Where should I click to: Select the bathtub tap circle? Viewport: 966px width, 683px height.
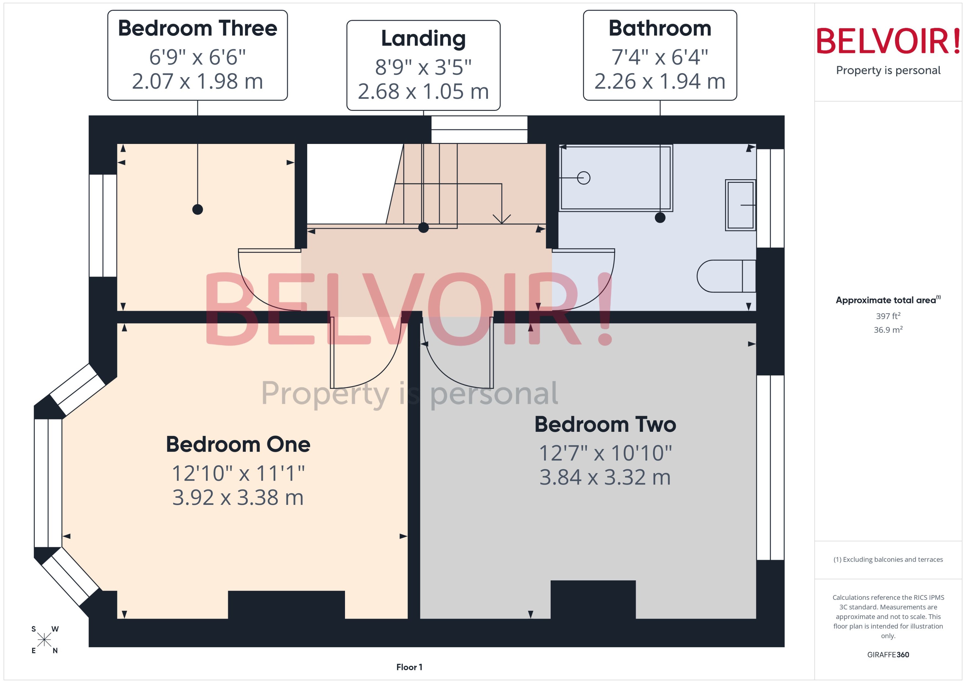point(583,178)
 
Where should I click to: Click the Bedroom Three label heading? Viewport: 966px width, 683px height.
point(197,29)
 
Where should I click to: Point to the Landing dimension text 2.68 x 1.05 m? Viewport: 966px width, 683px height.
point(423,92)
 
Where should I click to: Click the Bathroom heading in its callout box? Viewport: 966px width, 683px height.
point(660,29)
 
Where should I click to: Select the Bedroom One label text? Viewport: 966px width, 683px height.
point(238,444)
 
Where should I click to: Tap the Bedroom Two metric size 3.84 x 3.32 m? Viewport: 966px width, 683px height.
point(605,477)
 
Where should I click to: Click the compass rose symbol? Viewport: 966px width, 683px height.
point(44,640)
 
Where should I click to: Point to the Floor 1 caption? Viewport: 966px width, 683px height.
point(409,667)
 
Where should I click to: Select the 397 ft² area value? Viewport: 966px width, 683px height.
point(888,316)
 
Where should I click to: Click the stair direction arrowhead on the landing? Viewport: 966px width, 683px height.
point(501,219)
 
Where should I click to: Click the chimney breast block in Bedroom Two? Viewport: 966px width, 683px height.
point(593,599)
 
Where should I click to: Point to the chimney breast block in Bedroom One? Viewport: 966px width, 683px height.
point(286,604)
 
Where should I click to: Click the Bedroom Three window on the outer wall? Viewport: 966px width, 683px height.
point(103,226)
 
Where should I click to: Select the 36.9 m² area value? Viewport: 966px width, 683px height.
point(888,330)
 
